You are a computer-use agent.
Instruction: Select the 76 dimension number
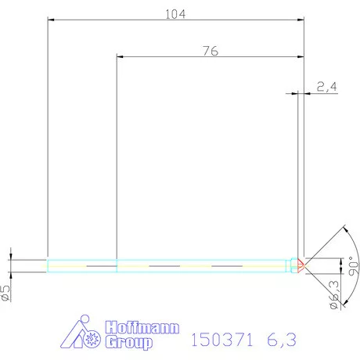click(x=209, y=50)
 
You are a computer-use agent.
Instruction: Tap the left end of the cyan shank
click(x=49, y=265)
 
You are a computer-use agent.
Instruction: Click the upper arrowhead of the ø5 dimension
click(x=10, y=256)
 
